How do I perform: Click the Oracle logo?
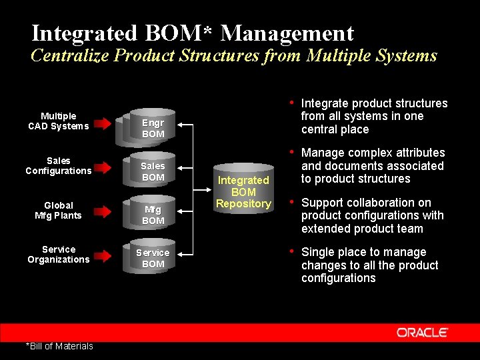pyautogui.click(x=422, y=332)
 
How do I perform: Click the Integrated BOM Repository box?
pyautogui.click(x=243, y=191)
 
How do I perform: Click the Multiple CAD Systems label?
pyautogui.click(x=58, y=121)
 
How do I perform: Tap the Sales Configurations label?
pyautogui.click(x=58, y=165)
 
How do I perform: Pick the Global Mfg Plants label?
pyautogui.click(x=58, y=210)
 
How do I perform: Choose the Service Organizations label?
pyautogui.click(x=58, y=254)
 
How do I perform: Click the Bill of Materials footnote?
pyautogui.click(x=59, y=345)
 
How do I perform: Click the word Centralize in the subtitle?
pyautogui.click(x=70, y=55)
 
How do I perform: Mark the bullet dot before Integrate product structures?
pyautogui.click(x=291, y=102)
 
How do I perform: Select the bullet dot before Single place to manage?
pyautogui.click(x=291, y=251)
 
